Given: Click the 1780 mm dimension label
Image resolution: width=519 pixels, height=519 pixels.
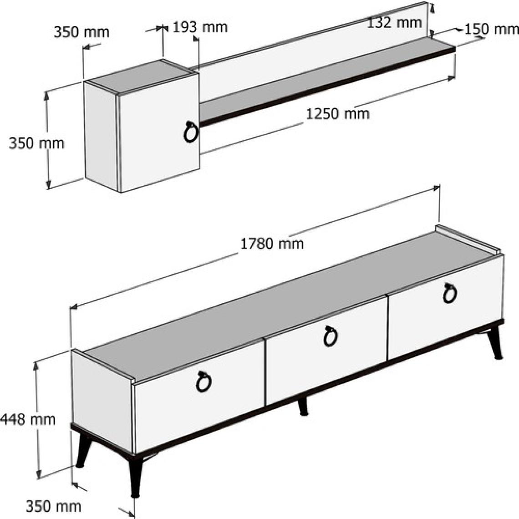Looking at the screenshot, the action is [272, 244].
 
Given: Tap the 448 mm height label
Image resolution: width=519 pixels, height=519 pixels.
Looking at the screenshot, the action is [28, 420].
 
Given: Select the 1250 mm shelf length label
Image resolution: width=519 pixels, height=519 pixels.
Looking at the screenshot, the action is [337, 114].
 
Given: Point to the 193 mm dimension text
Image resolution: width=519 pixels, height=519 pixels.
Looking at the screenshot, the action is [200, 27].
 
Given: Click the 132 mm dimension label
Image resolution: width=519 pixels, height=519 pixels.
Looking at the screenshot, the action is [395, 22].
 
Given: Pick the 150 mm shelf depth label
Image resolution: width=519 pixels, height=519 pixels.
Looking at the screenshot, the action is [492, 30].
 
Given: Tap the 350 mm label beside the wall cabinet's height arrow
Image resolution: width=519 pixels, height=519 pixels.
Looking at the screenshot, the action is [36, 144].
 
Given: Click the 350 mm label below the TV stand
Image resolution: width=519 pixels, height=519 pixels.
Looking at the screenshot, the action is [53, 506].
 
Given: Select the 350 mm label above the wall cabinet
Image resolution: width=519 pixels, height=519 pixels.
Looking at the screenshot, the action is [81, 32].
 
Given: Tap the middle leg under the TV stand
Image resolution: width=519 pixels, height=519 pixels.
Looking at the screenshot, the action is [303, 406].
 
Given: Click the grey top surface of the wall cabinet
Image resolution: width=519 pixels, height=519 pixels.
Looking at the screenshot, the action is [141, 76].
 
